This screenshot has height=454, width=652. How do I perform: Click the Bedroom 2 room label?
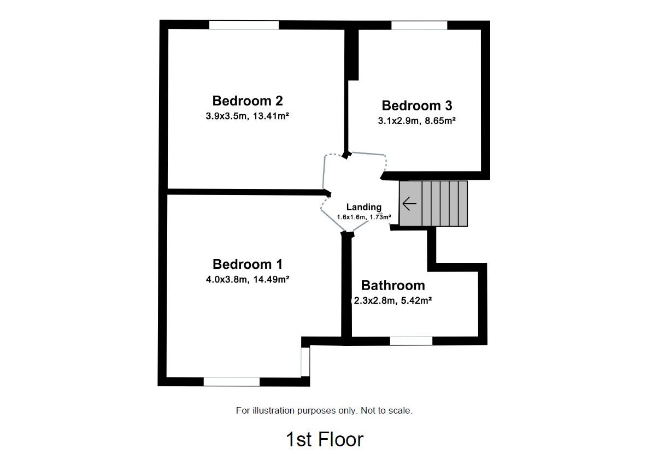point(248,101)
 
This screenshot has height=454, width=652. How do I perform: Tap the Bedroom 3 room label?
point(416,106)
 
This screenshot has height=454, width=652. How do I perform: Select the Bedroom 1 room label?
point(248,264)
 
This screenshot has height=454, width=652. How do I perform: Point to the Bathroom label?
point(393,285)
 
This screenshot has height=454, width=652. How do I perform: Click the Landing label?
point(364,207)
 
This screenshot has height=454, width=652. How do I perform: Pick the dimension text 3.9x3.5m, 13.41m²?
point(247,116)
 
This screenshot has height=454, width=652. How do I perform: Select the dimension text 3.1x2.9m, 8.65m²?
point(416,121)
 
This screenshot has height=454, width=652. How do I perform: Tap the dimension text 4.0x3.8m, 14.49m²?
point(247,279)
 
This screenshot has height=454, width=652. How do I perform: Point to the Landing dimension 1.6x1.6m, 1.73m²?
point(364,217)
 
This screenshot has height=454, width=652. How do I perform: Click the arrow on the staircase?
point(409,204)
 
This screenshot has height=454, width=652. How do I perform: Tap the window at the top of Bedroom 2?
point(244,25)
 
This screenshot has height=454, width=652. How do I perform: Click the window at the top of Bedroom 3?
point(419,25)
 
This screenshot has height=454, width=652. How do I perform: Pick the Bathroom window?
point(411,341)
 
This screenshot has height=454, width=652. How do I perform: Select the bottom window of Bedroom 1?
point(231,382)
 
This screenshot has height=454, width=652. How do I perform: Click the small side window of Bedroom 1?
point(305,361)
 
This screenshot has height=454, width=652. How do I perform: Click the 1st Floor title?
point(324,439)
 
